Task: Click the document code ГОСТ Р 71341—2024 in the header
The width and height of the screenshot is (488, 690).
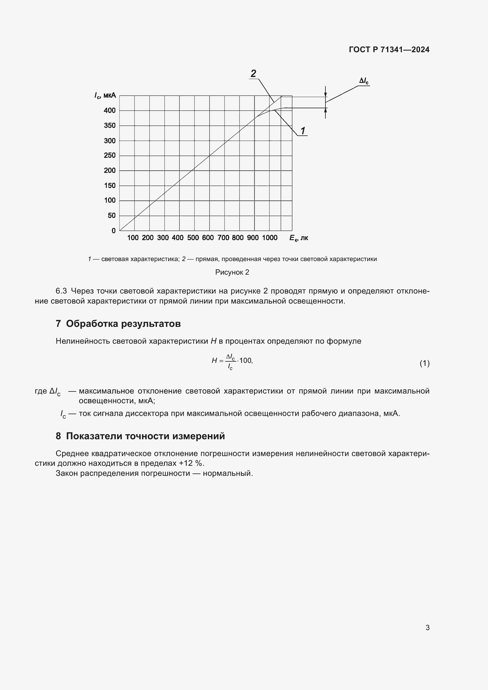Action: (389, 50)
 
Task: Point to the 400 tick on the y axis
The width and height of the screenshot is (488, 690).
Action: (110, 111)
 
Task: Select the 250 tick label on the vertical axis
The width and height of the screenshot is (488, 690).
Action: (110, 155)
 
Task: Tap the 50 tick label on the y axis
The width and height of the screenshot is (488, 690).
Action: (112, 215)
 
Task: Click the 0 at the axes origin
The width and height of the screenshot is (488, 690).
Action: (114, 231)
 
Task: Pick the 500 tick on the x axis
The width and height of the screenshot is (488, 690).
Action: (193, 238)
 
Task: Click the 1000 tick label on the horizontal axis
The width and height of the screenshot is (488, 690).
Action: (270, 238)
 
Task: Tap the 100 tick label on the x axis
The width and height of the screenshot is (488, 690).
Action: (133, 238)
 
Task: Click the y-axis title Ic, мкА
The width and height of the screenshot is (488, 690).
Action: (105, 96)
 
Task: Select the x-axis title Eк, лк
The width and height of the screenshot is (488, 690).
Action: (299, 238)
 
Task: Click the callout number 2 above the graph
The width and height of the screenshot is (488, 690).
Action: (253, 73)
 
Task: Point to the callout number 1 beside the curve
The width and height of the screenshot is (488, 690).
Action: (303, 131)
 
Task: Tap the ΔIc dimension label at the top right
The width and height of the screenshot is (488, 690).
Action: (364, 81)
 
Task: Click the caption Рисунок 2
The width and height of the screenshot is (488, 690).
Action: (232, 272)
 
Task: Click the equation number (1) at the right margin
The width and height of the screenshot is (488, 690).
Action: (424, 363)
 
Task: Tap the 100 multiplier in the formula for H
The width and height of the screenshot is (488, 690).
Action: (245, 360)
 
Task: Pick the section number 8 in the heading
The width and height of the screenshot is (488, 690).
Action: (58, 436)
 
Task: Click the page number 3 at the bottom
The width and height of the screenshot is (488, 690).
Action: (427, 627)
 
